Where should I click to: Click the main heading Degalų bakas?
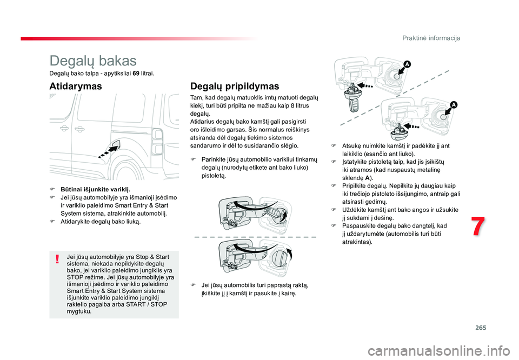93,61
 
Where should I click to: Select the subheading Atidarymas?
75,86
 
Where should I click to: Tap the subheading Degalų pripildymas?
235,86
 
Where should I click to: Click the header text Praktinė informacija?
431,38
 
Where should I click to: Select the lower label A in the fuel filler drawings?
454,104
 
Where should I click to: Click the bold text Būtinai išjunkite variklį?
95,190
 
